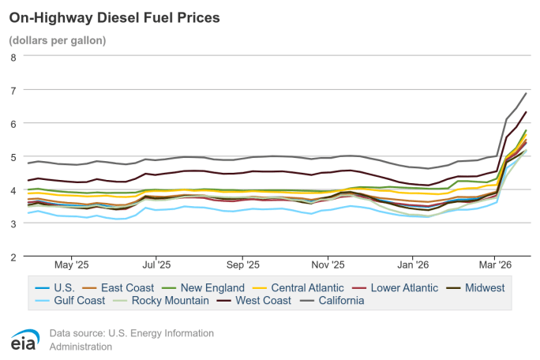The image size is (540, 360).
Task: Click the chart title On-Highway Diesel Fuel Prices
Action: point(114,17)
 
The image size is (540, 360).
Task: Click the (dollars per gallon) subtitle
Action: point(58,39)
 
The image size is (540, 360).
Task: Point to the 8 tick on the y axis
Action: point(13,57)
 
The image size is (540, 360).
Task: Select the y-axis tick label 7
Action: point(13,90)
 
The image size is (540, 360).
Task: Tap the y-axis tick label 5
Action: point(13,157)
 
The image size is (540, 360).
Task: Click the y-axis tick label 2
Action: point(13,257)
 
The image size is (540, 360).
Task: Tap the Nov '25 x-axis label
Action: point(327,265)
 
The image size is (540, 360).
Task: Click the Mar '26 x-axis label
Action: point(494,265)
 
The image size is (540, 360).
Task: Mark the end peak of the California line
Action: point(526,93)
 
